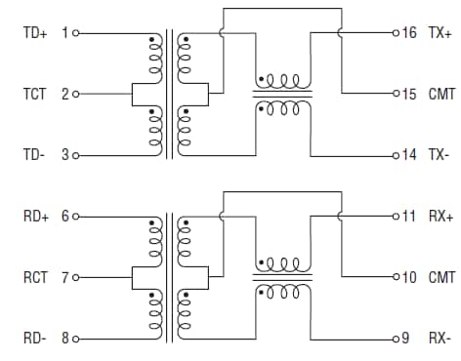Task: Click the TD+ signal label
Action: click(x=35, y=33)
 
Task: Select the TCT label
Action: click(x=35, y=95)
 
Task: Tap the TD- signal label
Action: click(x=34, y=155)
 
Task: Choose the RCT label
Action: click(x=35, y=278)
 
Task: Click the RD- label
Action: click(x=34, y=339)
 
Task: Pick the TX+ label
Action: click(x=440, y=33)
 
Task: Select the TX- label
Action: click(x=439, y=155)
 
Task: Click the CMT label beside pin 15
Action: click(x=441, y=95)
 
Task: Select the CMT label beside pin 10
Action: click(x=441, y=278)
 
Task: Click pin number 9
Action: click(x=404, y=339)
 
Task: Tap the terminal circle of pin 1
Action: click(x=75, y=33)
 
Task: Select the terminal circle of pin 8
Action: click(x=75, y=339)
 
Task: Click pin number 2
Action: click(x=64, y=95)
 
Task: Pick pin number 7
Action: click(x=64, y=278)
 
